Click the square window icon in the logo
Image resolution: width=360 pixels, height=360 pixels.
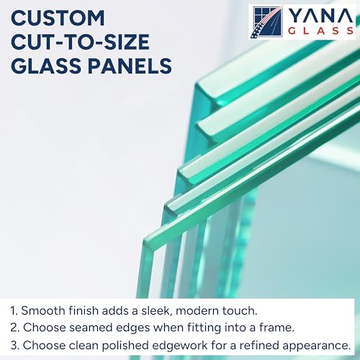(x=265, y=22)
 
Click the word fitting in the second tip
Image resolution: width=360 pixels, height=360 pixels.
(x=189, y=327)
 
